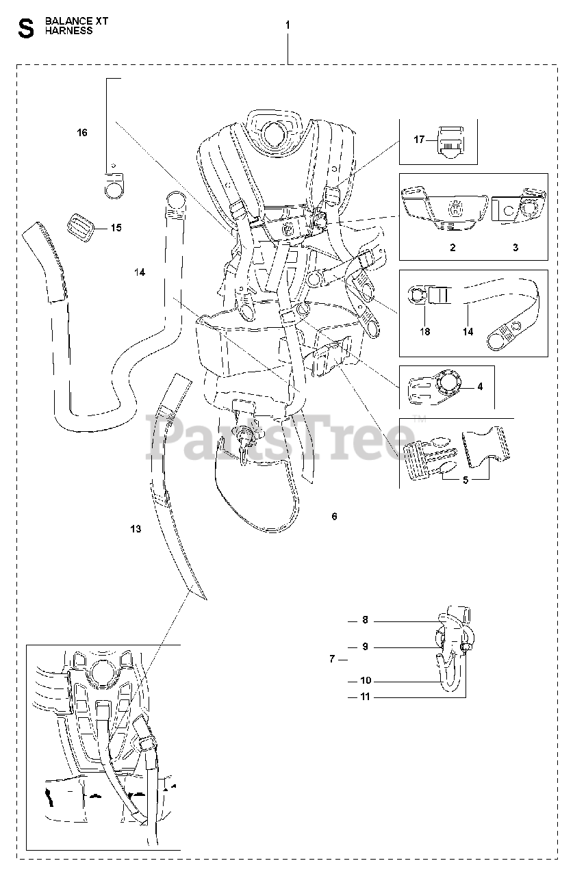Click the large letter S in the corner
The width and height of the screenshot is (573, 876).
[x=26, y=28]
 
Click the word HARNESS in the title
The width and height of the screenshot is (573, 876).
[x=68, y=31]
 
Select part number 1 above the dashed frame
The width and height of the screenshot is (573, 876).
[x=288, y=25]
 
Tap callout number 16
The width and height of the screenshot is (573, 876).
[x=82, y=133]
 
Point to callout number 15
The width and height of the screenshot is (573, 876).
[x=116, y=227]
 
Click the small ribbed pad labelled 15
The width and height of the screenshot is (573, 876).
[x=80, y=225]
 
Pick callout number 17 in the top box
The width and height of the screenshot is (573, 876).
[x=420, y=140]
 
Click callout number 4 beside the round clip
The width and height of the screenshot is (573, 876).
[x=480, y=387]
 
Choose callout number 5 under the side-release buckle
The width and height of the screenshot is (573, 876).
[x=466, y=480]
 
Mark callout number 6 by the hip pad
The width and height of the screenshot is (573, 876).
[x=334, y=517]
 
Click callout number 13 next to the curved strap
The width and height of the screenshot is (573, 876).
[x=136, y=529]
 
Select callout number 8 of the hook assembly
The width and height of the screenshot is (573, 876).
[x=366, y=620]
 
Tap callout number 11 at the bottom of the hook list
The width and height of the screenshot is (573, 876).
[x=366, y=697]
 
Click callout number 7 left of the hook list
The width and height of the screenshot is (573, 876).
[x=332, y=659]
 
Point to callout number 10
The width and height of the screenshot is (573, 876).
[x=366, y=681]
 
